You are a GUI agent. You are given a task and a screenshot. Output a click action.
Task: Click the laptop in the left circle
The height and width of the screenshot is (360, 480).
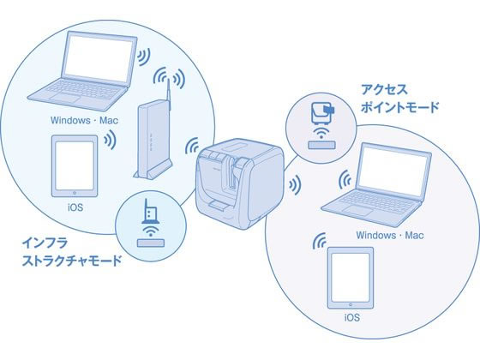point(82,71)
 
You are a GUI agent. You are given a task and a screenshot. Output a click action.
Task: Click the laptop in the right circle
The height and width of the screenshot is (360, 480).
point(376,184)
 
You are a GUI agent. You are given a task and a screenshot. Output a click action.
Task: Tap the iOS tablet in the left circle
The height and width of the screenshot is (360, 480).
point(75,166)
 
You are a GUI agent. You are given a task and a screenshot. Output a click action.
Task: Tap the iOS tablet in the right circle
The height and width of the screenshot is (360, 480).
point(351,278)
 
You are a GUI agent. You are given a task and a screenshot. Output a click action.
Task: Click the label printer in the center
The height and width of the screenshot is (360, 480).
point(239,183)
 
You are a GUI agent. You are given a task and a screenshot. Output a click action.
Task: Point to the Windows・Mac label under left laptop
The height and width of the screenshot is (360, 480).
point(84,120)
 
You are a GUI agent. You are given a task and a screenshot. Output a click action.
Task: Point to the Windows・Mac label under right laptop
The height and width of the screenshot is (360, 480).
point(390,236)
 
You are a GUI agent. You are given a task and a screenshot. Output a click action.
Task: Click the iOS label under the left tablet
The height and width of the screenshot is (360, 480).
point(75,207)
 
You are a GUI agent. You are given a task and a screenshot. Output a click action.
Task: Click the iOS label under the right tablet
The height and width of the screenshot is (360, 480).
point(352,317)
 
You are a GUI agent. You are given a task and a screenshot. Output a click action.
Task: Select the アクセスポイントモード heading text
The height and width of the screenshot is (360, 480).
point(399,99)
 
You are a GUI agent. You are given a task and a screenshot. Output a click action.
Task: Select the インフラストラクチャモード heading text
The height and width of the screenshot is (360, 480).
point(72,252)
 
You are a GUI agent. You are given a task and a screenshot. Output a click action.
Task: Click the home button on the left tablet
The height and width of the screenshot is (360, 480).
point(75,193)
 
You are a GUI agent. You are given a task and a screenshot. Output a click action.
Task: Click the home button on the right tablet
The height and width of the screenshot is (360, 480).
point(351,304)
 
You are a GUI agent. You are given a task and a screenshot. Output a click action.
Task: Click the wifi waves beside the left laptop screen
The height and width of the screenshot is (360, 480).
point(143,57)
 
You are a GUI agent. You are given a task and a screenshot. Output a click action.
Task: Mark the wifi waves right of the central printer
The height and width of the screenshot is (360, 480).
point(295,185)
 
